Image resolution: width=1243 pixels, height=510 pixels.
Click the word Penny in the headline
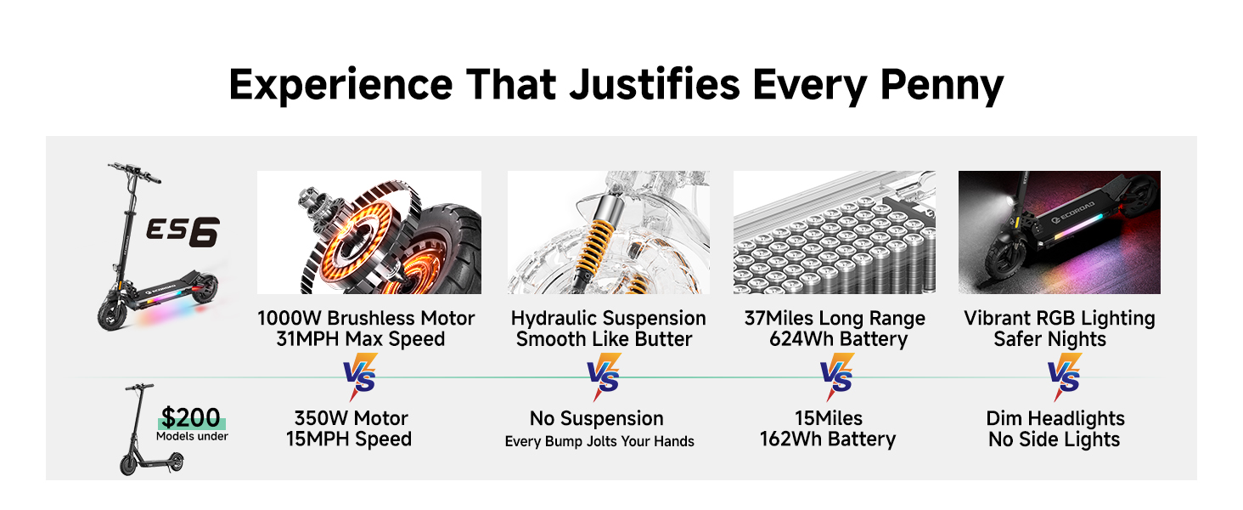pos(942,85)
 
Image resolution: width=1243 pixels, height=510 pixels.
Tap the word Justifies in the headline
pos(655,84)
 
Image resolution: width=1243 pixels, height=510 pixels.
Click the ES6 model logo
pos(183,232)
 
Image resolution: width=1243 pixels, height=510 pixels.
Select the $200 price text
pos(190,417)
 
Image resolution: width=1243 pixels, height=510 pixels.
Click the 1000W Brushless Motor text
pos(366,319)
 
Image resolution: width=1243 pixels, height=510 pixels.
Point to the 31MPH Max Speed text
pos(361,339)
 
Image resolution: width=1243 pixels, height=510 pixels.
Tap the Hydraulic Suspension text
pos(608,319)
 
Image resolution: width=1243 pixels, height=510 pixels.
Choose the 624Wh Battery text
pos(839,339)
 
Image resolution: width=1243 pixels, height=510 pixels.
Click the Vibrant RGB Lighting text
pos(1060,319)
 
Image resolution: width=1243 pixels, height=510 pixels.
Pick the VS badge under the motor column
pos(360,377)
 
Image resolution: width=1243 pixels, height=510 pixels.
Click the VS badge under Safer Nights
pos(1065,377)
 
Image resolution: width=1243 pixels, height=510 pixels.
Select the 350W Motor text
pos(351,418)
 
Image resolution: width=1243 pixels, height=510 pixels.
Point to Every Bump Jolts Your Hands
pos(599,442)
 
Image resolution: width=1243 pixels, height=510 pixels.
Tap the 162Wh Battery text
pos(827,439)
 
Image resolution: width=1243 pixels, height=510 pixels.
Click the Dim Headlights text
pos(1055,418)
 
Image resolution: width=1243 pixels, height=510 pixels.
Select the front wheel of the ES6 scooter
pos(112,315)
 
